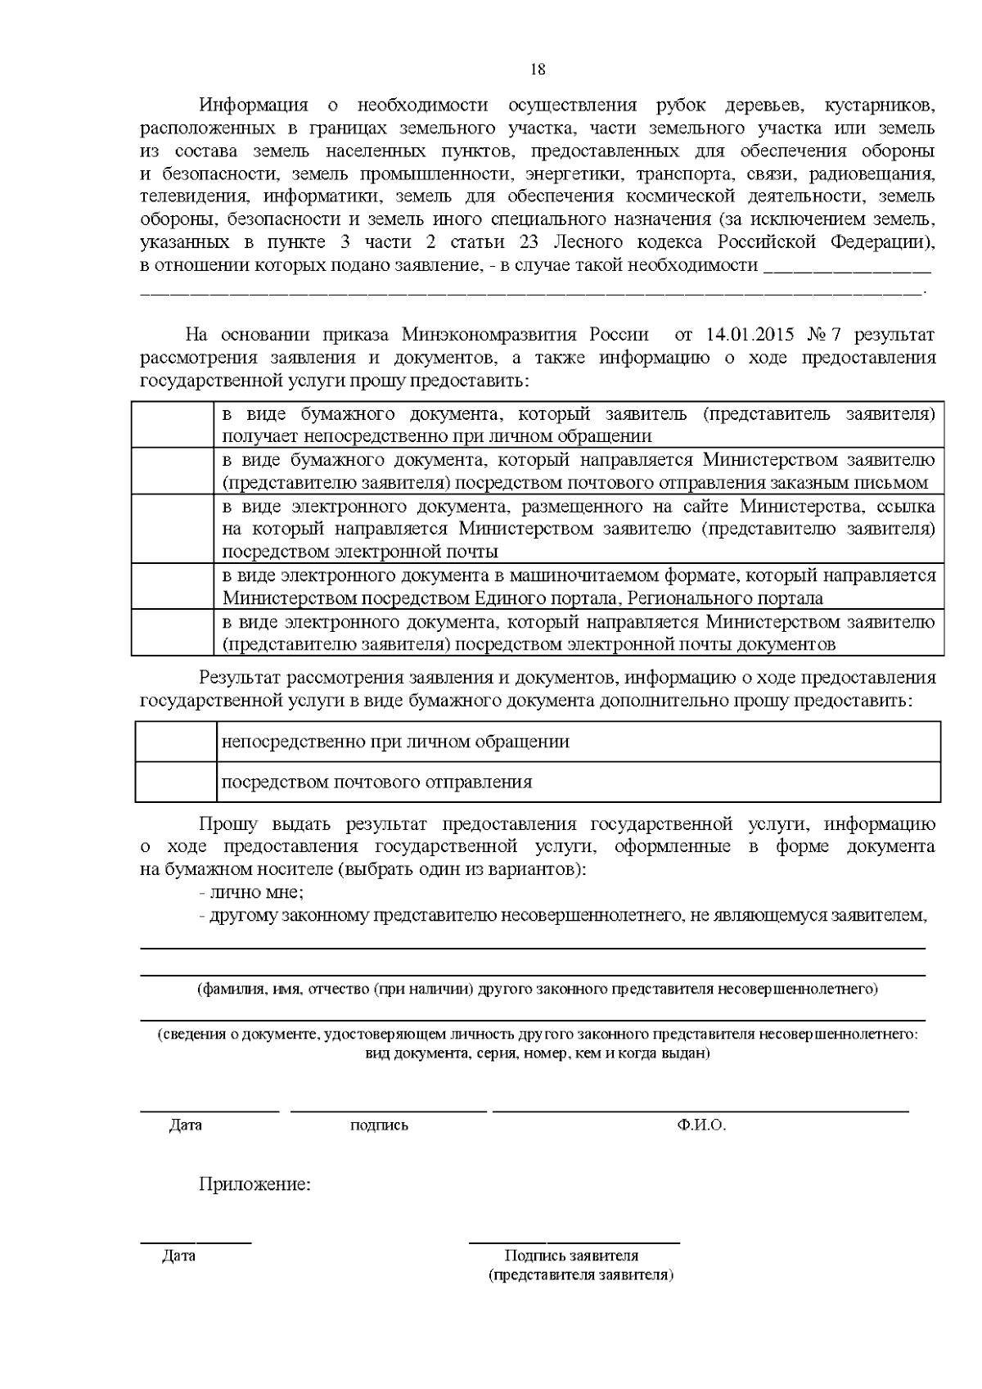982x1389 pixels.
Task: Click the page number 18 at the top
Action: click(x=538, y=69)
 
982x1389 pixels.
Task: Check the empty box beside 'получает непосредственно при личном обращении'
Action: click(x=173, y=424)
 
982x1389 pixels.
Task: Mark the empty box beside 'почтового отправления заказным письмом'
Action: click(x=173, y=471)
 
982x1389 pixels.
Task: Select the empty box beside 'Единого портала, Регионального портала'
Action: click(x=173, y=586)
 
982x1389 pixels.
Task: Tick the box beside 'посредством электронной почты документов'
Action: click(x=173, y=633)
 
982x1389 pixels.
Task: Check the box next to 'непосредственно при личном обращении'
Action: click(x=175, y=742)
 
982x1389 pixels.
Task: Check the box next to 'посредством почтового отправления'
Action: click(x=175, y=782)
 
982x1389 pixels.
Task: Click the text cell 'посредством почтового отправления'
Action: click(x=377, y=782)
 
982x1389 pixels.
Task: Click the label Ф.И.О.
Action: click(x=701, y=1125)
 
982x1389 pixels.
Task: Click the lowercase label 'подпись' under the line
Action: click(x=379, y=1125)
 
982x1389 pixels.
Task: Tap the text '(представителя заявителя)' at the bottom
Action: click(x=580, y=1274)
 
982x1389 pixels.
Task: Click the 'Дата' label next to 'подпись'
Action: click(x=185, y=1125)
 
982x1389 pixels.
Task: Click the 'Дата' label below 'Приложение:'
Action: click(x=178, y=1255)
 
